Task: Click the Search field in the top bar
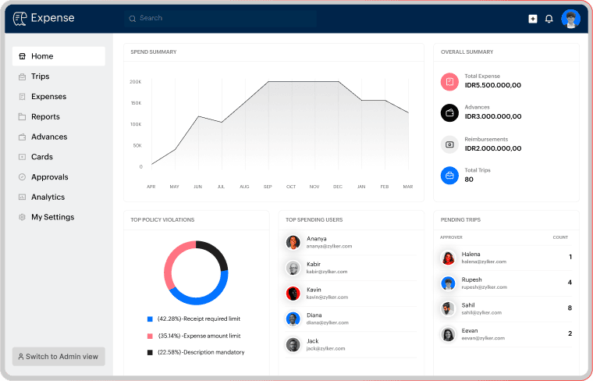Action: click(220, 18)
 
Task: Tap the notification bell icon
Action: click(549, 19)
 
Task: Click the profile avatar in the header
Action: click(570, 19)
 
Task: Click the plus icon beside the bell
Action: click(532, 19)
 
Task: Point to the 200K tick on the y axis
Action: click(136, 82)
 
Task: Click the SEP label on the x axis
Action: click(268, 187)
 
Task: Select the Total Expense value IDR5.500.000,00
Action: click(493, 85)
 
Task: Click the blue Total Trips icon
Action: click(449, 176)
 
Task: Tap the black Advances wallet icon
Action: click(449, 112)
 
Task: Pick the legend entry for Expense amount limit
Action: click(194, 336)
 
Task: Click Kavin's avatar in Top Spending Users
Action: click(293, 294)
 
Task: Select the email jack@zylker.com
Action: click(325, 348)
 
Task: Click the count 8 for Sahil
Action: click(570, 308)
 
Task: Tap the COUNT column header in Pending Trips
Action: click(560, 237)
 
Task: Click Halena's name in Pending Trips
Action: click(470, 255)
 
